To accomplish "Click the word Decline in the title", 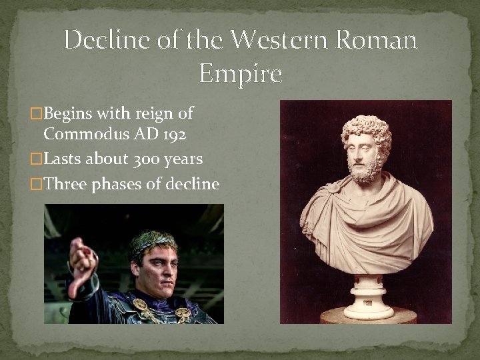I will pos(104,41).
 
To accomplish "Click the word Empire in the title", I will pos(241,73).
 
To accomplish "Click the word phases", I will pos(116,185).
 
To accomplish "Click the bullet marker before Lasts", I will pos(37,159).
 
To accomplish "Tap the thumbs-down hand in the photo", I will pos(80,263).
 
